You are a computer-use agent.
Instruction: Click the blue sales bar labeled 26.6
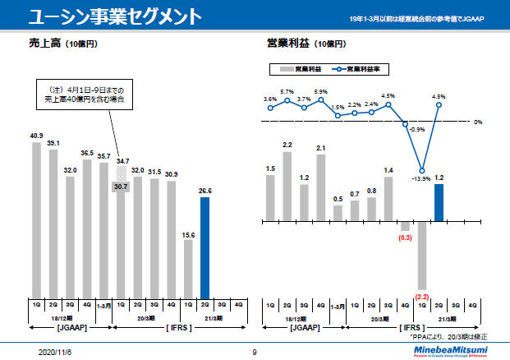(x=204, y=247)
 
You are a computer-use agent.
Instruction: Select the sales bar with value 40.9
(x=37, y=219)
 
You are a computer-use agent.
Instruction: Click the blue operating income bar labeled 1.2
(x=439, y=202)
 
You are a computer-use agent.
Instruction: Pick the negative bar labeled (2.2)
(x=423, y=255)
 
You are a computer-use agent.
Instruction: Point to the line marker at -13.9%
(x=423, y=170)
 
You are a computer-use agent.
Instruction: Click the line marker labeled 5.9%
(x=321, y=99)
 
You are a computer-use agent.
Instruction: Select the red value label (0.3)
(x=405, y=238)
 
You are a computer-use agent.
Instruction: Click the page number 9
(x=255, y=351)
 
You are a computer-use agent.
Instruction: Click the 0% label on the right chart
(x=477, y=122)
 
